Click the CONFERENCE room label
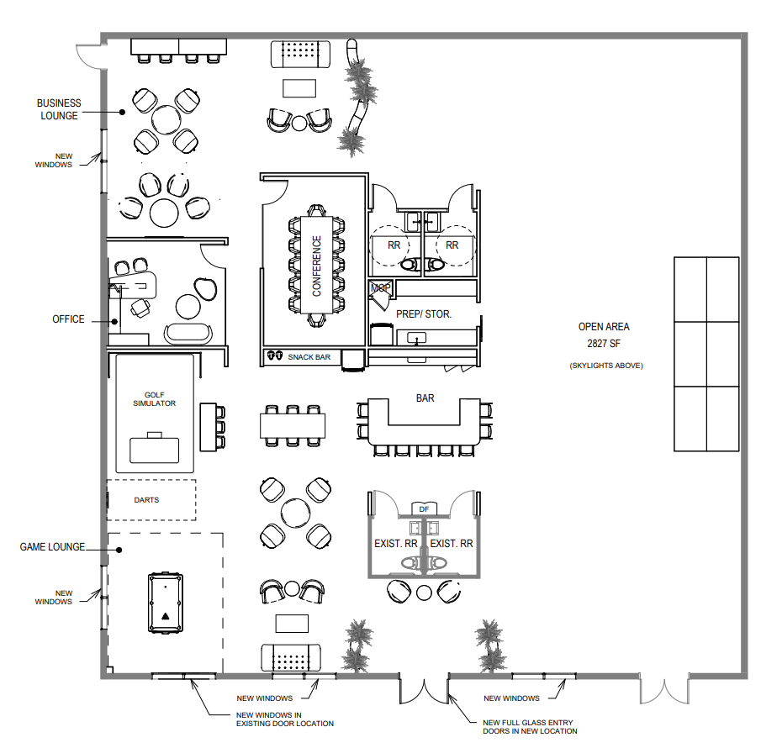[x=317, y=265]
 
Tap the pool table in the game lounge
[x=166, y=603]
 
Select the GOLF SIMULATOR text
[x=154, y=398]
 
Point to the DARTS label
[x=146, y=500]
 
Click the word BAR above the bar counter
[x=425, y=398]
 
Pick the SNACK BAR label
[x=309, y=357]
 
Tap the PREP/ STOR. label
[x=424, y=313]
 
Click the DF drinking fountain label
[x=424, y=508]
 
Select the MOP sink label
[x=379, y=288]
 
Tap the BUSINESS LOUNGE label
[x=59, y=109]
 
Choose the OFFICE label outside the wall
[x=68, y=319]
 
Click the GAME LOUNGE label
[x=52, y=547]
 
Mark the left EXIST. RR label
[x=396, y=544]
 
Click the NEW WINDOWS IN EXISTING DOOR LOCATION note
[x=285, y=719]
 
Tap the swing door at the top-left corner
[x=87, y=52]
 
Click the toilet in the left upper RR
[x=410, y=264]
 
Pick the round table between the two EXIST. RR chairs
[x=424, y=593]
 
